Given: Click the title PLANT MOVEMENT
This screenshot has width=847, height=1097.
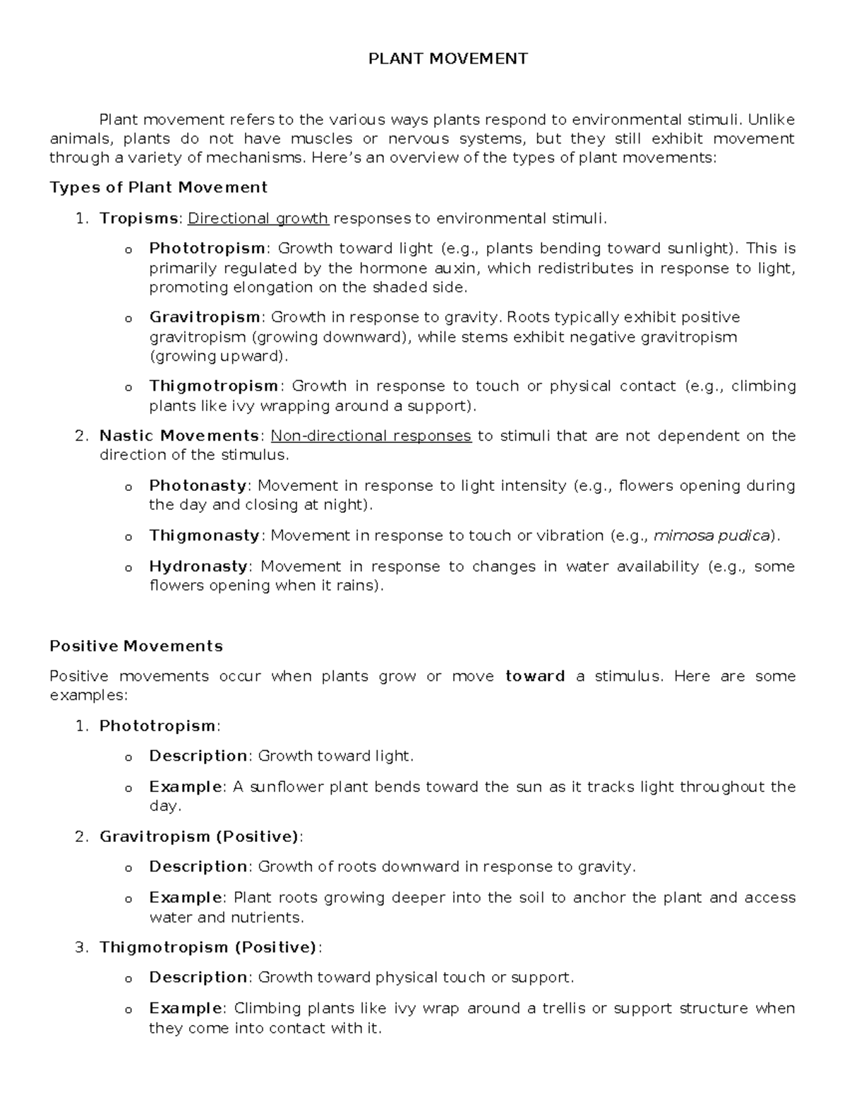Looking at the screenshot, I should click(447, 59).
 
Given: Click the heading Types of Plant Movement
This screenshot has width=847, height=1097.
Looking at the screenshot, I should click(158, 187).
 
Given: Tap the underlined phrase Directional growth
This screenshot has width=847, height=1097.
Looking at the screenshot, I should click(258, 218).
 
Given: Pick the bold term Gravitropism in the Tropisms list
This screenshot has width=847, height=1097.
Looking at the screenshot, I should click(205, 317).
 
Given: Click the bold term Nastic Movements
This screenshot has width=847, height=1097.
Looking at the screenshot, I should click(179, 436).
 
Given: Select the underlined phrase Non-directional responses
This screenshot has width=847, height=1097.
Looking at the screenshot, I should click(371, 436).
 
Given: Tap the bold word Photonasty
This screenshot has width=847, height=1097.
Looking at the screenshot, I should click(198, 485).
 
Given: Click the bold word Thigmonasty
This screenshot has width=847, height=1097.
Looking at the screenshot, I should click(204, 535).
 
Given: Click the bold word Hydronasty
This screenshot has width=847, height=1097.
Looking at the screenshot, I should click(198, 567).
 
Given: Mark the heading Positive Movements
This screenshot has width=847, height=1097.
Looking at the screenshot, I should click(136, 646).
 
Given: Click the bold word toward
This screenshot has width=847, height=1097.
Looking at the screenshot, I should click(535, 676).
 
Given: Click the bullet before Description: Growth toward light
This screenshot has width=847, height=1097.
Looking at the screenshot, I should click(128, 757).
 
